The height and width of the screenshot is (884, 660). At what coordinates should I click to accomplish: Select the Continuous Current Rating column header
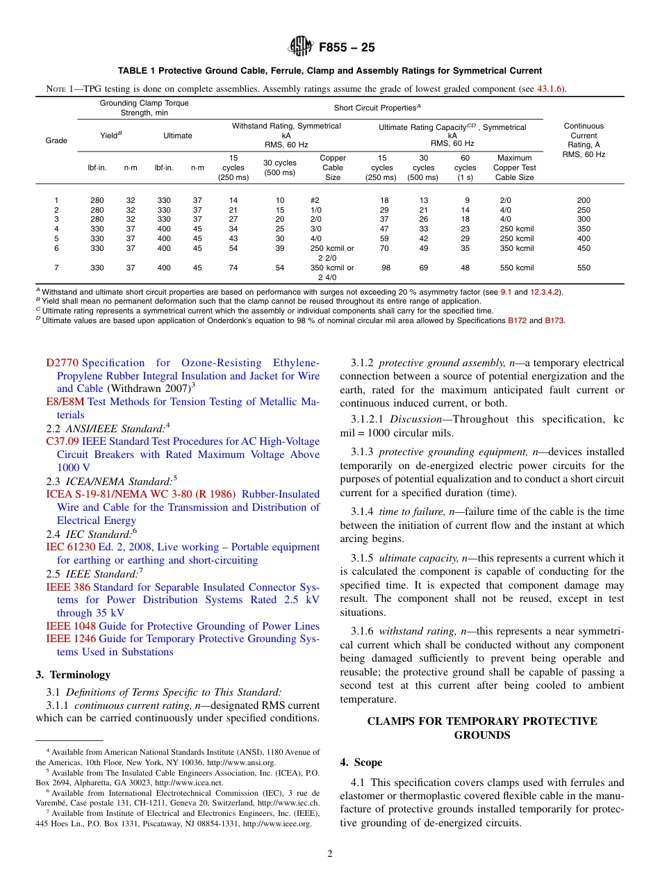(584, 140)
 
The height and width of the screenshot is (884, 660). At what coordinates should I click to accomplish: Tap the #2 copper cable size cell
(315, 200)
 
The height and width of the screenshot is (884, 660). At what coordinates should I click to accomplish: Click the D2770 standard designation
(63, 363)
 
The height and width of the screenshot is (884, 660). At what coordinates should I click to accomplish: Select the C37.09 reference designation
(62, 441)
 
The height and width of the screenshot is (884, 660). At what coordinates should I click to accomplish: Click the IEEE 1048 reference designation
(71, 626)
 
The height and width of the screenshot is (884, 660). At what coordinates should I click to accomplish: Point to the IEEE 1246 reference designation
(71, 639)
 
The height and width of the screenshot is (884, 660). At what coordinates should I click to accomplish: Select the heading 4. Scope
(361, 762)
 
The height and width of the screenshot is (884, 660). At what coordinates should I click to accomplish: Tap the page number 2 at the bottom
(330, 854)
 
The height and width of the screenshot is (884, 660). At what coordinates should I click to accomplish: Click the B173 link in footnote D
(554, 320)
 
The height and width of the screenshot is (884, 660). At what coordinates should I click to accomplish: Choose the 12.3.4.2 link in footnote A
(545, 292)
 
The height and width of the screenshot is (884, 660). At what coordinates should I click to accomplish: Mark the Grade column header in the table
(56, 140)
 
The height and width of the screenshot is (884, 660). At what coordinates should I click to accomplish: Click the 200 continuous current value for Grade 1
(584, 200)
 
